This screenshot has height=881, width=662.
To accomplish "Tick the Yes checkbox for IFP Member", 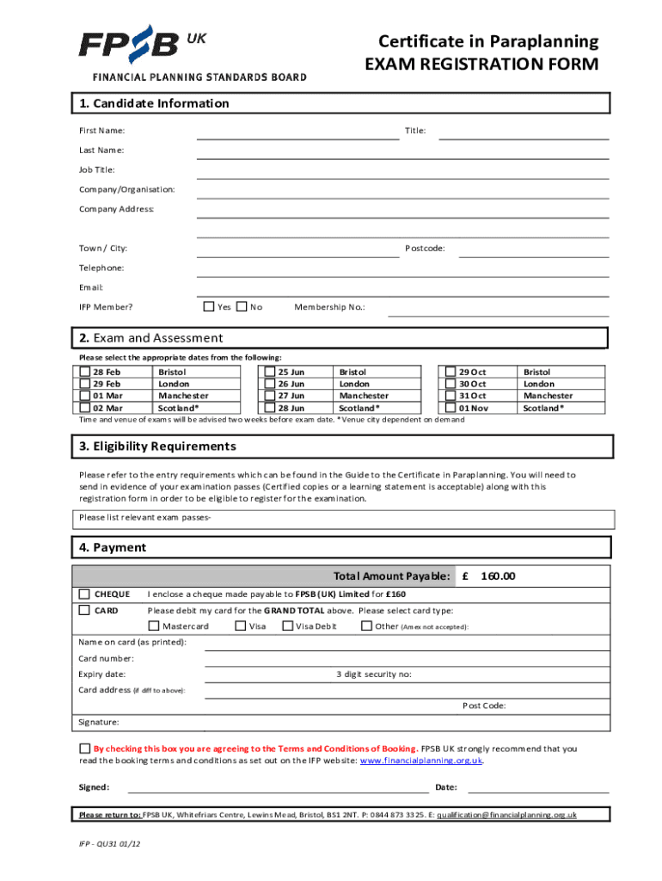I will click(x=209, y=306).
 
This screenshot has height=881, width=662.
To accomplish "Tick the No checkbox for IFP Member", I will click(x=242, y=306).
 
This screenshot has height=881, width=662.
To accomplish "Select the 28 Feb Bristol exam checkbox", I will click(x=84, y=372).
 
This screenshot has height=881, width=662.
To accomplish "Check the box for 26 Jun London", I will click(x=269, y=384).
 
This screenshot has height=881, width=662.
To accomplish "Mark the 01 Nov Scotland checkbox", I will click(x=451, y=408).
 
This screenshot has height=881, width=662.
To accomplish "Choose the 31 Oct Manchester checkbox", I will click(x=451, y=396).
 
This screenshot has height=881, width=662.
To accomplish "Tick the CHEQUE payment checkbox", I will click(x=84, y=594).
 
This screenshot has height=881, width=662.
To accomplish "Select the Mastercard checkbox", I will click(x=155, y=625).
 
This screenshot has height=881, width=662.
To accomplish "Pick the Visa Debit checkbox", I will click(x=287, y=625).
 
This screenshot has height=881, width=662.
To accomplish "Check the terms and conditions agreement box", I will click(x=84, y=748).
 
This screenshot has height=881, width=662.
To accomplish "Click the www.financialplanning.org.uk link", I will click(x=420, y=761).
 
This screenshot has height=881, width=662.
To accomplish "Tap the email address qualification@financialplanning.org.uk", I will click(x=506, y=814).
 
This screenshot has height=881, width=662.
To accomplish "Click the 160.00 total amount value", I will click(x=498, y=576).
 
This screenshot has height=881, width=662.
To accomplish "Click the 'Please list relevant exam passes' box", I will click(x=343, y=518).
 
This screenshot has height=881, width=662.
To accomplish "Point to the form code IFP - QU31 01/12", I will click(x=105, y=846).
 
